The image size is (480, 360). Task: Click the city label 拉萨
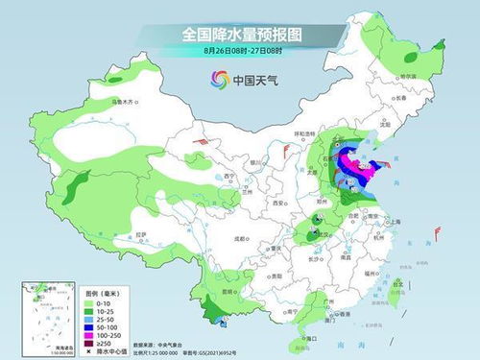tap(142, 233)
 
